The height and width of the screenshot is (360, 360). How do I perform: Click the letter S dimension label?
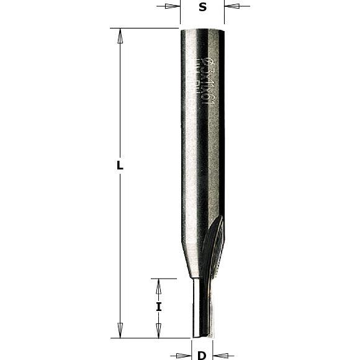click(x=202, y=7)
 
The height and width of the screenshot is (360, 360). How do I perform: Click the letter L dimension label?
click(x=120, y=166)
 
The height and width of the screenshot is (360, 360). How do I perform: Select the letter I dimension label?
click(x=159, y=307)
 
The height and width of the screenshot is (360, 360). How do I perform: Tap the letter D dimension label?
click(x=202, y=356)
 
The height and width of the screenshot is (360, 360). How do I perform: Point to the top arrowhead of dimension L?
click(x=120, y=36)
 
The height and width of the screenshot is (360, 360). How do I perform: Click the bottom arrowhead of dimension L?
click(x=120, y=330)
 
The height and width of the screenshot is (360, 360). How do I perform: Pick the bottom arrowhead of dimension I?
click(x=159, y=331)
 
